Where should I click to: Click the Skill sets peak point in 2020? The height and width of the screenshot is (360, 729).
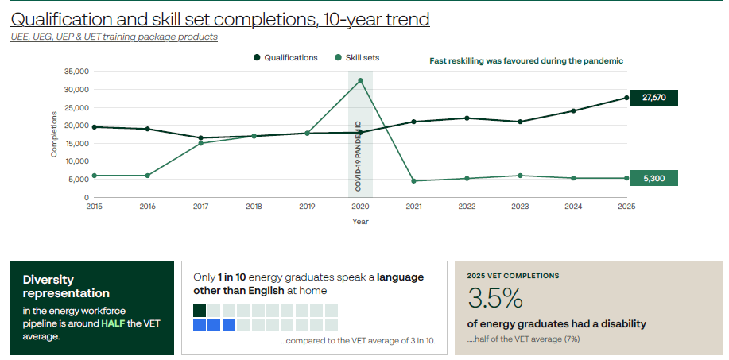click(360, 80)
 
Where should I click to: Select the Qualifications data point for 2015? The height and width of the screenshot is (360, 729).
click(95, 127)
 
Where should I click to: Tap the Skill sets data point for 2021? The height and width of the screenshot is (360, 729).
click(413, 180)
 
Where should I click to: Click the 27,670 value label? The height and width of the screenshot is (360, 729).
click(653, 98)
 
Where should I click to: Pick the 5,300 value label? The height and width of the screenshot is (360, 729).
click(653, 178)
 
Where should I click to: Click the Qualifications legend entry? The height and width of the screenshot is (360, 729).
click(286, 57)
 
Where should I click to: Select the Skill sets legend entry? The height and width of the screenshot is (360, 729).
click(357, 57)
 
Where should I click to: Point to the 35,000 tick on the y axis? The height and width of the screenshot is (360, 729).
click(76, 72)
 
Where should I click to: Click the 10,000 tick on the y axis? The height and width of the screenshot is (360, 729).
click(76, 161)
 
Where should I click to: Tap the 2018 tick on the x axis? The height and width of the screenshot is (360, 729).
click(254, 207)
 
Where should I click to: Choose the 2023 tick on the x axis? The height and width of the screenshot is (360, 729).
click(520, 207)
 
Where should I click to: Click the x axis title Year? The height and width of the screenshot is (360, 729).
click(360, 222)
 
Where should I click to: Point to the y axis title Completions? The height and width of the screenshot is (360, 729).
click(54, 134)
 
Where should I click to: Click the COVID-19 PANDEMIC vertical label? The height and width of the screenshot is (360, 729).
click(358, 156)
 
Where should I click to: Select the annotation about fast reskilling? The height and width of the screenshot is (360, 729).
click(526, 61)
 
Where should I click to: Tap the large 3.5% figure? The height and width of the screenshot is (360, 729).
click(495, 298)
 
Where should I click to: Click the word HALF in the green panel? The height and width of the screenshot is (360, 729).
click(114, 323)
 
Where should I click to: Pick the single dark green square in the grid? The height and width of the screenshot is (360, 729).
click(200, 310)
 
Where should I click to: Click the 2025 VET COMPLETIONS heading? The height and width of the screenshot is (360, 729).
click(514, 276)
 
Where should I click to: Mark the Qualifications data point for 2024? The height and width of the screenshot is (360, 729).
click(573, 110)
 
